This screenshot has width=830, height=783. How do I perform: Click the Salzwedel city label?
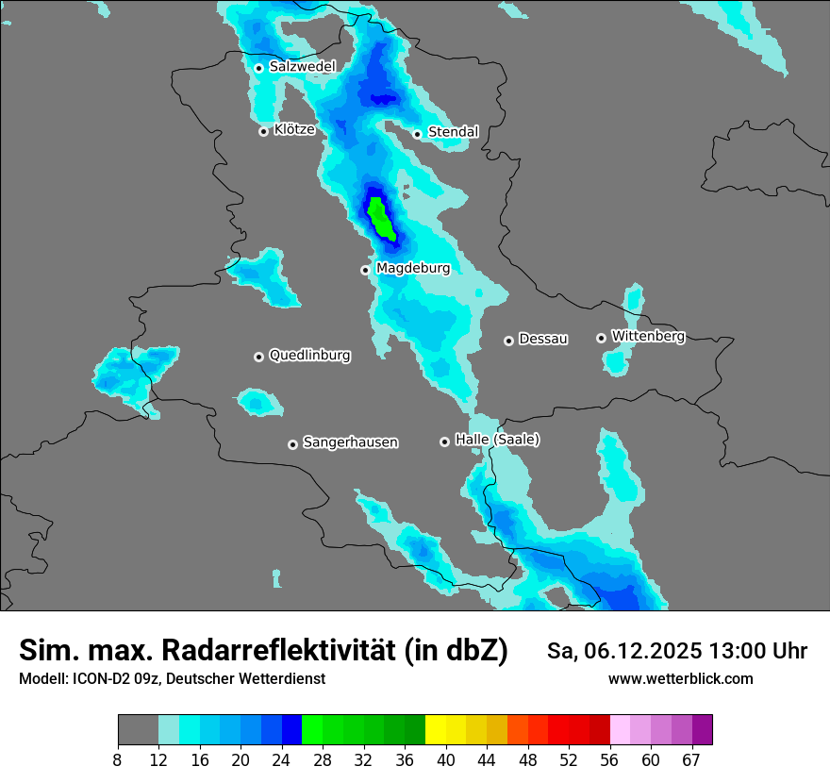click(x=302, y=67)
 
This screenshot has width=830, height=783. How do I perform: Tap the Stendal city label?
click(x=453, y=132)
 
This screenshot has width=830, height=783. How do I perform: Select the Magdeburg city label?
click(x=412, y=269)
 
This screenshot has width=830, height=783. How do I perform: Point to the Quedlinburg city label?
click(x=309, y=356)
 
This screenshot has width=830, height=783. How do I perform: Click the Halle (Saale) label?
click(x=497, y=440)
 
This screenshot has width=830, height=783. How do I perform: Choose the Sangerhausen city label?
click(x=350, y=442)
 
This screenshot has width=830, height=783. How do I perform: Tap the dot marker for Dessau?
click(x=508, y=341)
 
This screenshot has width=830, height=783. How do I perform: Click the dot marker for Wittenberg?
click(x=601, y=338)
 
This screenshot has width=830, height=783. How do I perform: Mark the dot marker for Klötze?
click(x=264, y=131)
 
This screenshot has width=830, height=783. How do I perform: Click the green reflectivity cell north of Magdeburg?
click(x=381, y=219)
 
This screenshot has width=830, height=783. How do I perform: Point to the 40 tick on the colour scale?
click(x=445, y=759)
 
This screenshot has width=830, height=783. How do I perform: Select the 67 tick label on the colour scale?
click(x=692, y=759)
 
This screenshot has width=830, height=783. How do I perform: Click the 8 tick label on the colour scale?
click(x=118, y=759)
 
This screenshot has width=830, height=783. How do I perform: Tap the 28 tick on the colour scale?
click(x=322, y=759)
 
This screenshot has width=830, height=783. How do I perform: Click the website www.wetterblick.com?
click(x=680, y=679)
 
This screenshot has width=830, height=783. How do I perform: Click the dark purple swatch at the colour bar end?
click(x=702, y=729)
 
